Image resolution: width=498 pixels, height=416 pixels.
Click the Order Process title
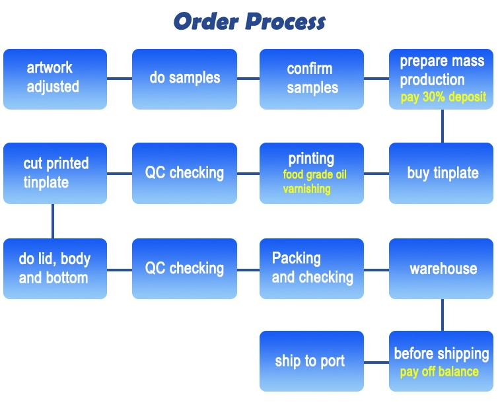(x=249, y=21)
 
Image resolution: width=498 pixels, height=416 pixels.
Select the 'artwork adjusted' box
(x=55, y=79)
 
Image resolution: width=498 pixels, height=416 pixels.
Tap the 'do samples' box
(x=184, y=79)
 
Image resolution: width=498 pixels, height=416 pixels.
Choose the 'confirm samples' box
(x=312, y=79)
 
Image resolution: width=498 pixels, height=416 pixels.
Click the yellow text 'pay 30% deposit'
(x=443, y=97)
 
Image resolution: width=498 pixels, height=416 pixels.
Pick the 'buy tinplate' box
(x=443, y=173)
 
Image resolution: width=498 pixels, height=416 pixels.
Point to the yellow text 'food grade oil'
(x=314, y=175)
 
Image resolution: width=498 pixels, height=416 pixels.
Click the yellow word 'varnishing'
(x=306, y=189)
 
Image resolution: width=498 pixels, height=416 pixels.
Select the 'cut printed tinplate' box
(x=55, y=173)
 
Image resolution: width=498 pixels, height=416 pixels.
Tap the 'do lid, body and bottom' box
(x=55, y=268)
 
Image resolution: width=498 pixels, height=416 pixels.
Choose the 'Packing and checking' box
(x=312, y=268)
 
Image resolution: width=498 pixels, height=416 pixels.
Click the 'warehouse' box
(x=443, y=268)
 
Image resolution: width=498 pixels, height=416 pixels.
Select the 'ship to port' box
(x=312, y=361)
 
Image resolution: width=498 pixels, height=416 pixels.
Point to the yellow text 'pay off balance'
(x=439, y=372)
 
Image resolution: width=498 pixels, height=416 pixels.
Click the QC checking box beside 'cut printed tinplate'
(x=184, y=173)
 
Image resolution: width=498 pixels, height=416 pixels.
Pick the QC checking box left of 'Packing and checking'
(x=184, y=268)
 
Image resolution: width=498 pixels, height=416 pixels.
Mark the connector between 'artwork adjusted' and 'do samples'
(x=120, y=79)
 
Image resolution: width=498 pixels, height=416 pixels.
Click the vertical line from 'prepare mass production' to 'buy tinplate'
(x=443, y=126)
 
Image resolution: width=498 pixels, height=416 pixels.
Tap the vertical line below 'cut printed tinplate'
(x=53, y=221)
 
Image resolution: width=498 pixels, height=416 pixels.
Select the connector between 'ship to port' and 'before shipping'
(x=376, y=362)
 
